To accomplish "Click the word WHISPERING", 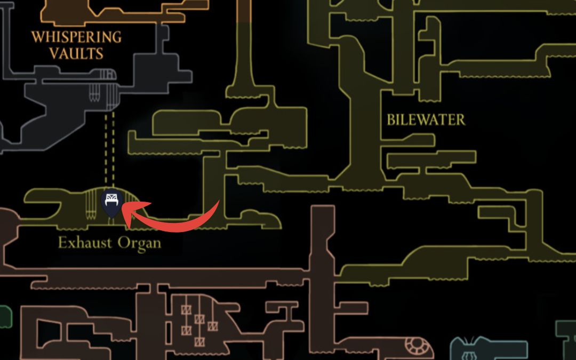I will pos(76,37).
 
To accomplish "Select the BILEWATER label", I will pos(426,119).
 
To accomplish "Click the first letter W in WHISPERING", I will pos(37,37).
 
